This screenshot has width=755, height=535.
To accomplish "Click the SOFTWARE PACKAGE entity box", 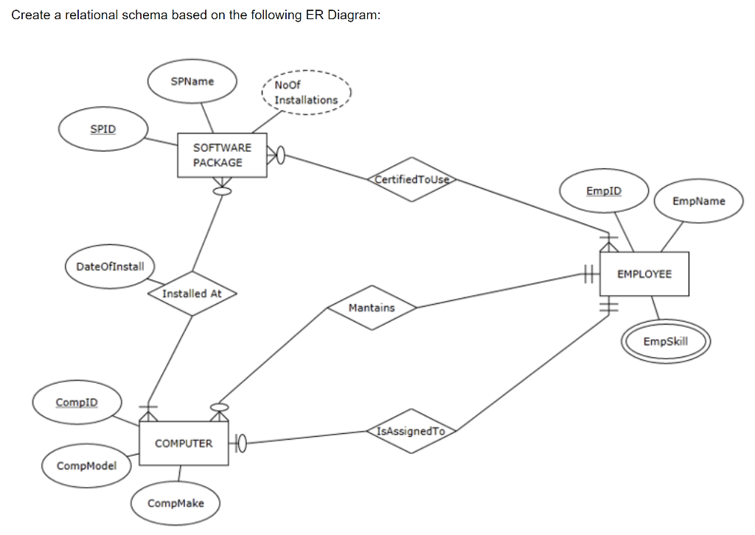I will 222,155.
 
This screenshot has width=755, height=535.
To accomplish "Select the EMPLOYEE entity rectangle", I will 644,274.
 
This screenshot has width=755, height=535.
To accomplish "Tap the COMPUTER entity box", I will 184,443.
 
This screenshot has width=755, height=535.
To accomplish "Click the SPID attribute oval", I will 103,129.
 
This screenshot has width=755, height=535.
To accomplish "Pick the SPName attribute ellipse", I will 192,81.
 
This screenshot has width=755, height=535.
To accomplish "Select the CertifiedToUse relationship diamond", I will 412,179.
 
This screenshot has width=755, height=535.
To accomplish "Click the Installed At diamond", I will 192,294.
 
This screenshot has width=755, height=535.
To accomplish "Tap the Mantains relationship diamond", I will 372,308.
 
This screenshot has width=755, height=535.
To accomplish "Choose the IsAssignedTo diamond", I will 412,431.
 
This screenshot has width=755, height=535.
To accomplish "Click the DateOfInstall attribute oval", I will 110,266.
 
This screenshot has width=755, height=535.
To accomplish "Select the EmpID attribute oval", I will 604,191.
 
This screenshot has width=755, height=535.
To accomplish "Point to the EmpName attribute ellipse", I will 698,201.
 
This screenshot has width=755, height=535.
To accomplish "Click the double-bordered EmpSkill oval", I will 666,342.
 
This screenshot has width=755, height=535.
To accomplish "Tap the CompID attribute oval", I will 77,402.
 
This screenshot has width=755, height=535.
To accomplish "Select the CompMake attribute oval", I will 175,503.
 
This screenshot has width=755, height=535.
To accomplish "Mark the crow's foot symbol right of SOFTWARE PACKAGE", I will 276,156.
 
